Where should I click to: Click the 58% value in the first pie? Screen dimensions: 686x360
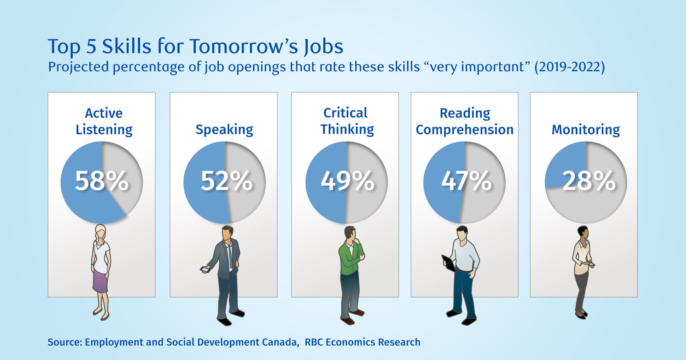tap(102, 181)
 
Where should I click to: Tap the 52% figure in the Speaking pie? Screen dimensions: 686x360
tap(227, 181)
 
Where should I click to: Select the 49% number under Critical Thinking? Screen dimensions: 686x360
tap(348, 181)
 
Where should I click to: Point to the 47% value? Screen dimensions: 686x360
tap(466, 181)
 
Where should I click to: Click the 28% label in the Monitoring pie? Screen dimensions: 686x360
tap(589, 181)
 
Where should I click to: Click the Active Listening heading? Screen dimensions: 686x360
tap(104, 121)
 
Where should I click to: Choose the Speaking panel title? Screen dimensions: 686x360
tap(224, 130)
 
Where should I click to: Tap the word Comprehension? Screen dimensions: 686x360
tap(464, 130)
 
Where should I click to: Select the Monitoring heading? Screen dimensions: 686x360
tap(586, 130)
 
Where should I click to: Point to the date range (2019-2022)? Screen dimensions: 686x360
tap(570, 67)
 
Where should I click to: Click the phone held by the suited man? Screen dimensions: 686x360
tap(205, 269)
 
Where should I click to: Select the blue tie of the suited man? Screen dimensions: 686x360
tap(230, 256)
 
